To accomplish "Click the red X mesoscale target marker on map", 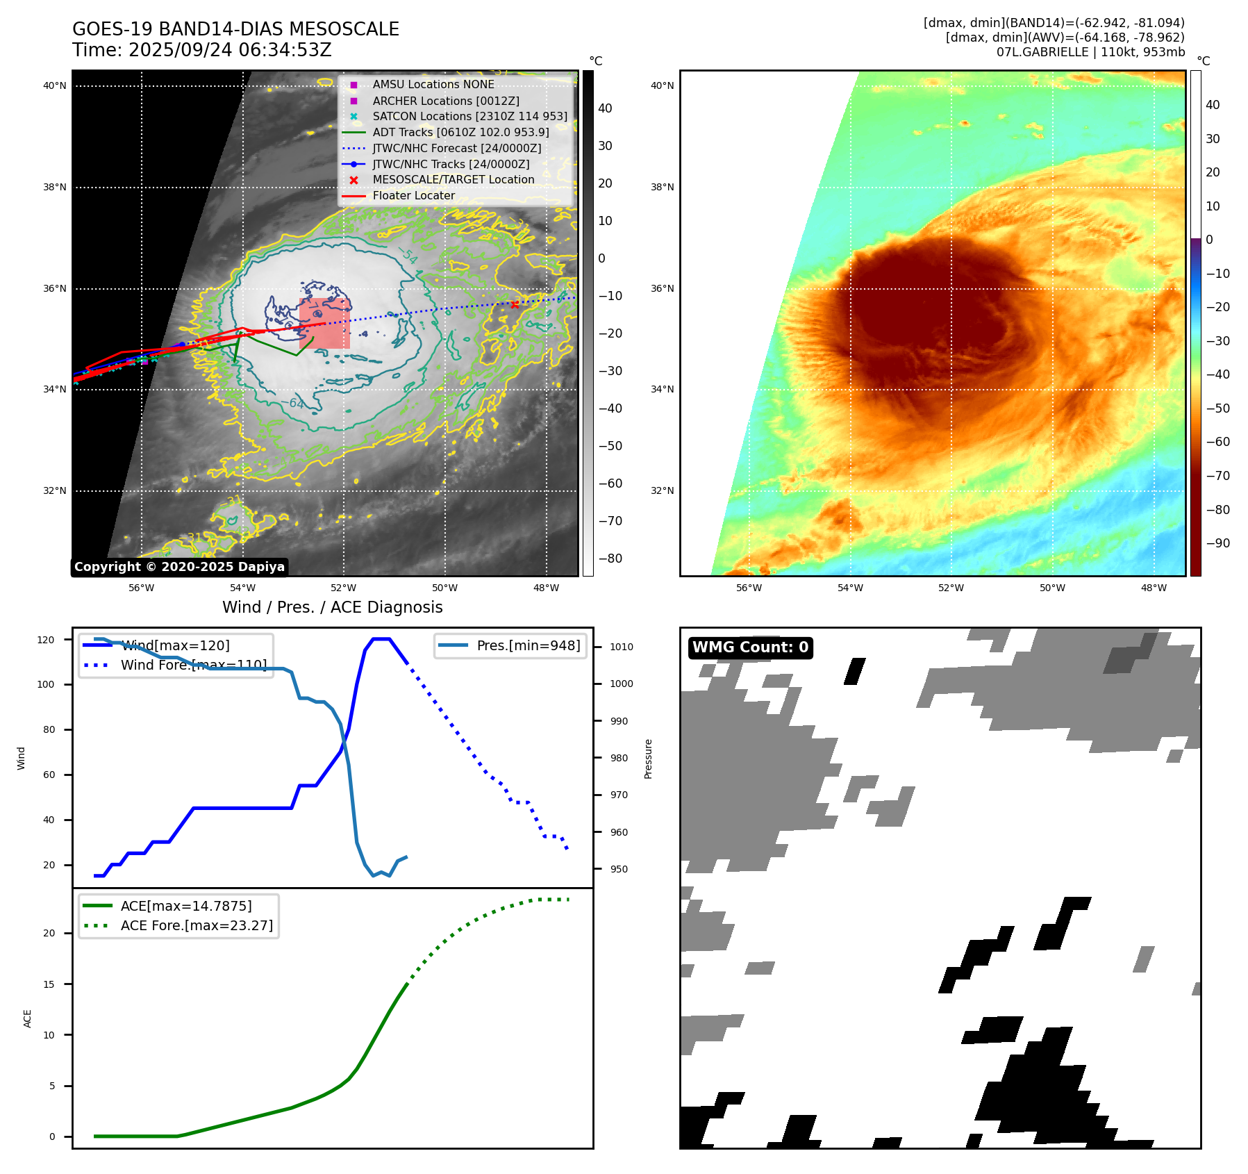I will tap(515, 304).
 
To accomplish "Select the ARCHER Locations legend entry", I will tap(445, 101).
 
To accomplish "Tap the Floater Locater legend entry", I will tap(413, 195).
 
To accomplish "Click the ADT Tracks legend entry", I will tap(460, 132).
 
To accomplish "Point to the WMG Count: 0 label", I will tap(750, 647).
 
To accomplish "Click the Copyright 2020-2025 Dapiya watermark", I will tap(179, 567).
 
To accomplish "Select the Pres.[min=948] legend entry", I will tap(528, 645).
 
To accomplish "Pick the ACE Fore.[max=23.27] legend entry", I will tap(197, 925).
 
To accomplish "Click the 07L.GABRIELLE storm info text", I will tap(1090, 52).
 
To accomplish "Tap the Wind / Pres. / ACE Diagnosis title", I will tap(332, 607).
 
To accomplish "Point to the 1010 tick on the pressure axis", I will tap(622, 647).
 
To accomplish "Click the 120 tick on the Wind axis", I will tap(46, 640).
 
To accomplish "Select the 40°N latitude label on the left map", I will tap(55, 86).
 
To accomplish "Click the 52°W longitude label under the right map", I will tap(951, 588).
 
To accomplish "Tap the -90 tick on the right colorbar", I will tap(1217, 543).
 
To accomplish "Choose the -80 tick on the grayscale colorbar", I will tap(610, 559).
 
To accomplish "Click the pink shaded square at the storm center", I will tap(324, 324).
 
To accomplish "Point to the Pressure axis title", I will tap(648, 759).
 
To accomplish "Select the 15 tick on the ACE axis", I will tap(49, 984).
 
